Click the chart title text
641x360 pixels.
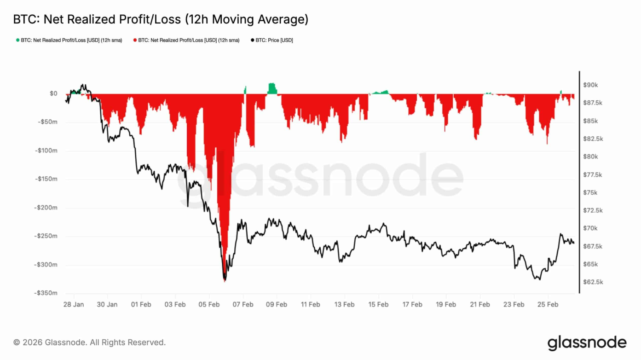pos(161,19)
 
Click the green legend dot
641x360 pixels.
pos(18,40)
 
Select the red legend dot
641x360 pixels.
pos(135,40)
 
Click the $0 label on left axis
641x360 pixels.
pos(53,93)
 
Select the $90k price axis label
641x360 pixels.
pos(590,85)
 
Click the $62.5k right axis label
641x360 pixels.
pos(593,282)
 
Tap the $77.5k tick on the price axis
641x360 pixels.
pos(593,174)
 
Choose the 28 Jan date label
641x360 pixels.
pos(73,304)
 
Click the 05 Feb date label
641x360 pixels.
pos(209,304)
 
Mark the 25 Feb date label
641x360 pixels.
pos(548,304)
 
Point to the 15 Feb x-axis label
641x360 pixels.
pos(378,304)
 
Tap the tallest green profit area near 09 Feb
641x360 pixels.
pos(272,88)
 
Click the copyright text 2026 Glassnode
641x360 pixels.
pos(89,343)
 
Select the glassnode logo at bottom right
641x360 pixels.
pos(587,343)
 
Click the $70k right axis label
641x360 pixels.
pos(590,228)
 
